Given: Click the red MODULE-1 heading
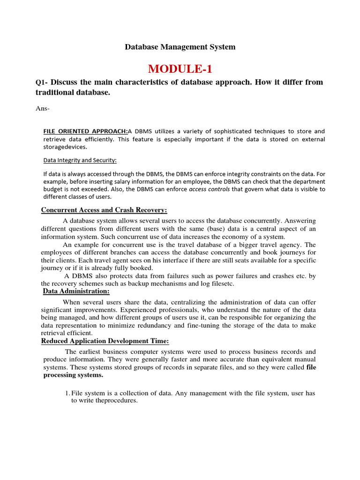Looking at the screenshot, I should (180, 69).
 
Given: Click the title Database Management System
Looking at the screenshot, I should (180, 47).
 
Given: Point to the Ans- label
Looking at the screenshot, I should (42, 109).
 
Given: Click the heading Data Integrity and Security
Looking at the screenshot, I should (80, 160).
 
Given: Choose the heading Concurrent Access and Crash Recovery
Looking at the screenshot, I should (104, 210).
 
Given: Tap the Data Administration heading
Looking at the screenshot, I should (76, 291).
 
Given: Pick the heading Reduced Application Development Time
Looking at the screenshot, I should (105, 340).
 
